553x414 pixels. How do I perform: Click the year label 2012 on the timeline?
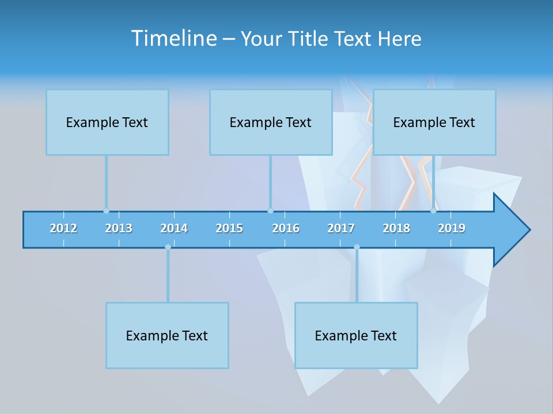(63, 228)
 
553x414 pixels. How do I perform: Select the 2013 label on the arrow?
(119, 228)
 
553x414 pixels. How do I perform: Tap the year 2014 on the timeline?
(174, 228)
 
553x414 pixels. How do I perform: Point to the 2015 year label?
(229, 228)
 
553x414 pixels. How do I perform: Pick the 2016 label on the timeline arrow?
(286, 228)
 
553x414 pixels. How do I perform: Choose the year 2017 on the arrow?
(341, 228)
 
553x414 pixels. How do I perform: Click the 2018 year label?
(396, 228)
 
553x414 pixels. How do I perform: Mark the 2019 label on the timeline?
(452, 228)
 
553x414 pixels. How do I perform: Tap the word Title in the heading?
(309, 39)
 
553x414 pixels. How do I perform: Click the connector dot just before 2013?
(106, 210)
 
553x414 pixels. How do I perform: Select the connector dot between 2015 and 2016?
(270, 210)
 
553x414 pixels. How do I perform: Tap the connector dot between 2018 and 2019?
(433, 210)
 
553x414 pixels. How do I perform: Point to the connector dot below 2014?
(168, 247)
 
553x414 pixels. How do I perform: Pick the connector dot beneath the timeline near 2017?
(357, 247)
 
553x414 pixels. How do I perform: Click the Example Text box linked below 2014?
(167, 335)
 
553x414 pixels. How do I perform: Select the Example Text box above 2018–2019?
(434, 122)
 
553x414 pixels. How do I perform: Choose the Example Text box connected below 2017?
(356, 335)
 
